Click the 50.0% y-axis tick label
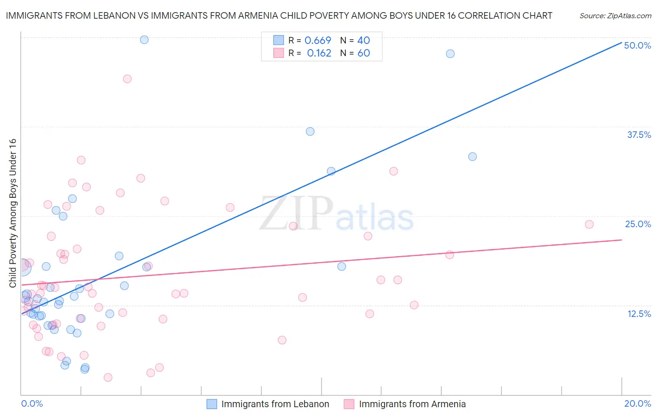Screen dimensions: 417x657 637,45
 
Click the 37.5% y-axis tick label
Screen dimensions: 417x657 639,135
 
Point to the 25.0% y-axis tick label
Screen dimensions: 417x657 638,224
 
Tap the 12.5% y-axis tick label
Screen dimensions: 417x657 639,314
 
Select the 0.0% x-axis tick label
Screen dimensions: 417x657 32,403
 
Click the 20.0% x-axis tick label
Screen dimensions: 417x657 637,403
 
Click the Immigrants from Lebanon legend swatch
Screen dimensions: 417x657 212,404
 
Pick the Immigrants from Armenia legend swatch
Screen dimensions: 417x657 349,404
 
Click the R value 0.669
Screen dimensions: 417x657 318,41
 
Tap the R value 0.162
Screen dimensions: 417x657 319,53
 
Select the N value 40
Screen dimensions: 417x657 364,41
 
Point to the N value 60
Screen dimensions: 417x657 364,53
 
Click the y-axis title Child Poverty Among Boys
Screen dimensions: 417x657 13,213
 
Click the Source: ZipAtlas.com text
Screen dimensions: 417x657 615,16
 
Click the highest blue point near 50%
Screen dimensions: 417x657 144,40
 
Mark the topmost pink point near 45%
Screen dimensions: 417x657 127,79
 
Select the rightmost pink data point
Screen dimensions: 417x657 589,224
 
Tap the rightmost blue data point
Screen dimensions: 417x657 472,157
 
